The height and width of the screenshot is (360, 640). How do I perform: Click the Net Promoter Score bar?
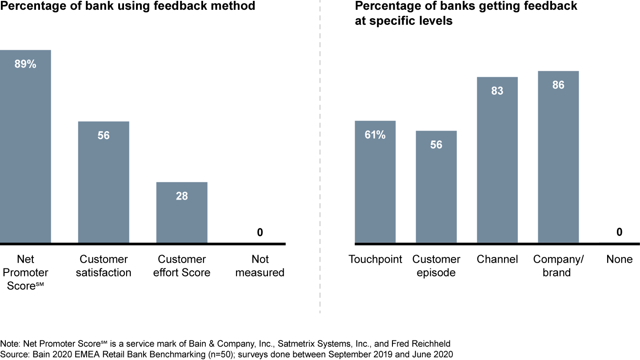click(25, 147)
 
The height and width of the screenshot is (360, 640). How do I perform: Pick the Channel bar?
click(497, 160)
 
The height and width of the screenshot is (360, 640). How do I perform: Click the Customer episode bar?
click(436, 187)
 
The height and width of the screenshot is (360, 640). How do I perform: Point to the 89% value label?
click(25, 64)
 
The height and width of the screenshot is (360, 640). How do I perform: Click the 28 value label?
click(182, 196)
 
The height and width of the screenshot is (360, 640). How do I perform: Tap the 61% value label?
click(375, 135)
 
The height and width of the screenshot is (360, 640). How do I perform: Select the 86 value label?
click(558, 85)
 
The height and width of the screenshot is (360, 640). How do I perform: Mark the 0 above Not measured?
click(260, 232)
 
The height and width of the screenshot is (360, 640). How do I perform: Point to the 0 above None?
click(619, 232)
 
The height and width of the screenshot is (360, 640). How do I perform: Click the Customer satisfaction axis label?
click(104, 266)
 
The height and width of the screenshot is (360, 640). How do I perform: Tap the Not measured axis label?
click(260, 266)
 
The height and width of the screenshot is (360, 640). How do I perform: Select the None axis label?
click(619, 259)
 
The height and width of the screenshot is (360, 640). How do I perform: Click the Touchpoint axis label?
click(375, 259)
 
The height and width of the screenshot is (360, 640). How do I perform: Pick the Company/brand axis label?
click(558, 266)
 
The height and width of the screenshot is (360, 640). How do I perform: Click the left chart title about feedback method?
click(128, 6)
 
